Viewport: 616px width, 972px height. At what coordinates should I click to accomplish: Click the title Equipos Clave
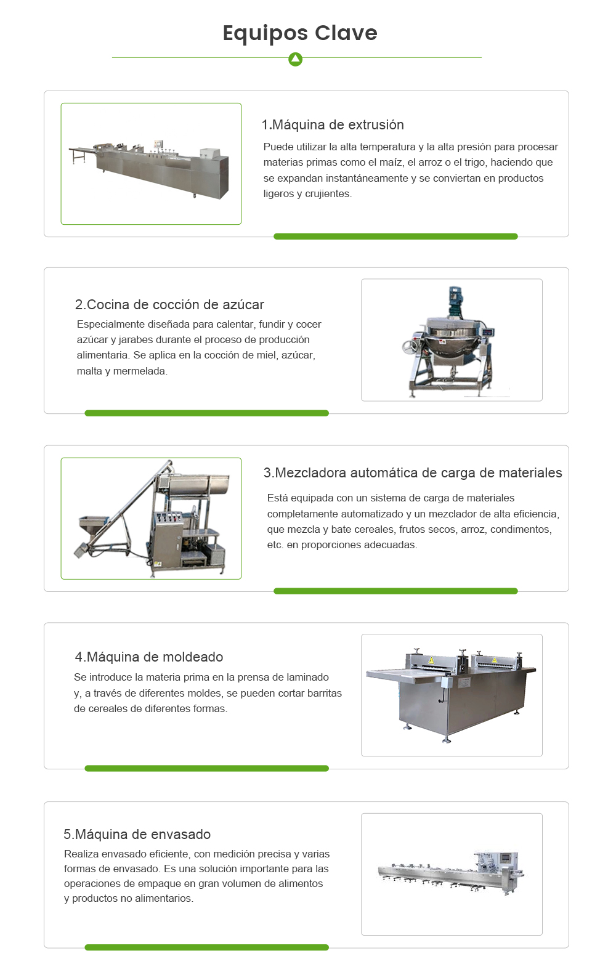pos(300,33)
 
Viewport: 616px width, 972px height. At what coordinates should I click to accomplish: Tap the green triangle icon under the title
pos(296,59)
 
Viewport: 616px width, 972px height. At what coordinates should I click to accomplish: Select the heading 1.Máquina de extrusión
pos(333,124)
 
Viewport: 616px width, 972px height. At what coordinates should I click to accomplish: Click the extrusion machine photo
pos(151,164)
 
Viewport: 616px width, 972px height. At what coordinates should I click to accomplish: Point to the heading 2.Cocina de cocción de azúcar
pos(169,304)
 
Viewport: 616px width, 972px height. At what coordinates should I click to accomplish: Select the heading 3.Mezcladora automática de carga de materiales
pos(413,472)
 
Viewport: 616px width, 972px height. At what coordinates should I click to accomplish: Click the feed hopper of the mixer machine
pos(93,525)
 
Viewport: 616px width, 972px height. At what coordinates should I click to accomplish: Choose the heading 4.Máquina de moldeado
pos(149,657)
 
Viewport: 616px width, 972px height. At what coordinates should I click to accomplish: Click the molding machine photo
pos(452,695)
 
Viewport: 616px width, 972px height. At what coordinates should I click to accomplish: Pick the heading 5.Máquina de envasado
pos(137,834)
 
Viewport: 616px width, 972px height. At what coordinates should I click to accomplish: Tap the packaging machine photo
pos(452,873)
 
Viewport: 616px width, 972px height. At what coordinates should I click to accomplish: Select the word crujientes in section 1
pos(328,193)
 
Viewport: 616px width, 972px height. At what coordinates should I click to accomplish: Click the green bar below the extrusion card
pos(395,237)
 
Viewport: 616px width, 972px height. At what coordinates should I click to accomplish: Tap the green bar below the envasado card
pos(206,947)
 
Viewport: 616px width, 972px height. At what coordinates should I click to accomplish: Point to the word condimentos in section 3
pos(521,529)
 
